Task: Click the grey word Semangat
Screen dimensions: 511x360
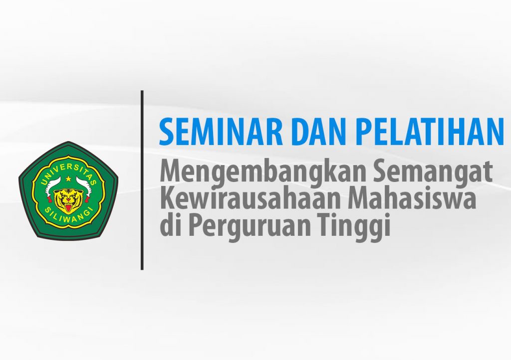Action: pos(433,173)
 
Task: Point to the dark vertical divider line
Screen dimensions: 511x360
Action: pos(142,180)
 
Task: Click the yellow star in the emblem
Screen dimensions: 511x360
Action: pos(68,179)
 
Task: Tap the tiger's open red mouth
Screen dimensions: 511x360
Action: pos(68,208)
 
